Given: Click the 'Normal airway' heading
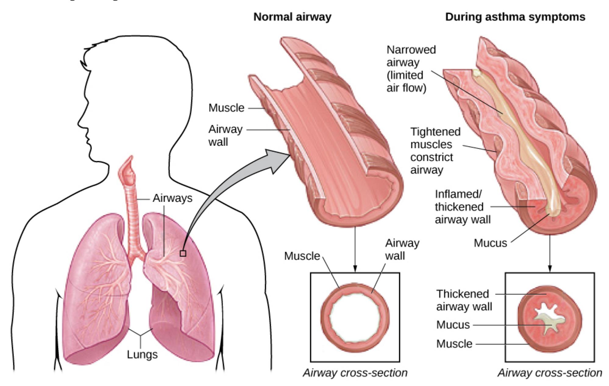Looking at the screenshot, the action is coord(292,17).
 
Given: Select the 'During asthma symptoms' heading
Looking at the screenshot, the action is coord(515,17).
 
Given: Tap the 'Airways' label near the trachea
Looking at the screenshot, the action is coord(173,198).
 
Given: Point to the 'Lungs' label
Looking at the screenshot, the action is coord(142,355).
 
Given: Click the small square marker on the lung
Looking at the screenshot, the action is coord(183,253).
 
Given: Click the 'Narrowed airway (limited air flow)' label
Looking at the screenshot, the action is coord(411,69).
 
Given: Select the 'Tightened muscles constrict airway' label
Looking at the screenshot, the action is coord(435,151).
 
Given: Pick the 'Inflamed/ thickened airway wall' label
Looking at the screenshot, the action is coord(462,207).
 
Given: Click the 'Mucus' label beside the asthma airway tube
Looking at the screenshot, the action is coord(490,243).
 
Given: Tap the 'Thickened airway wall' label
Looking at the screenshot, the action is coord(464,300).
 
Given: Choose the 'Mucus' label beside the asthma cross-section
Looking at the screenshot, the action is coord(453,325).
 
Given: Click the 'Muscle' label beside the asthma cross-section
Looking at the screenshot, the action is coord(454,344).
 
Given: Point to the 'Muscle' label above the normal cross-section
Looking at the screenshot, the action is coord(302,256).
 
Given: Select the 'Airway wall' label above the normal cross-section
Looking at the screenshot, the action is coord(402,249).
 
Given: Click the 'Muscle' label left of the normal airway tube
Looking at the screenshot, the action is coord(226,108).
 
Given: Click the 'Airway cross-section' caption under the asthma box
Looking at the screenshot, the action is coord(550,373).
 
